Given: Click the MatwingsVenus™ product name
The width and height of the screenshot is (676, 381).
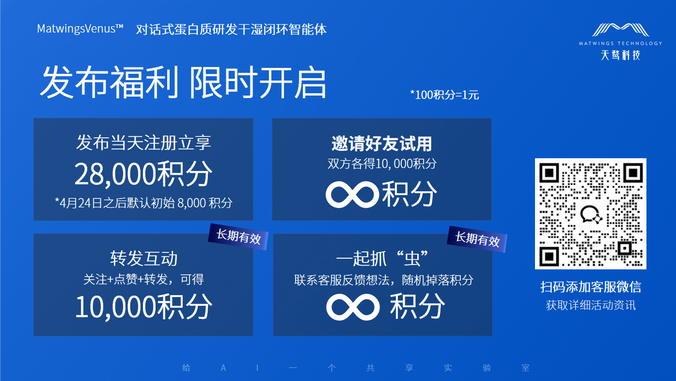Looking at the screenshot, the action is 80,29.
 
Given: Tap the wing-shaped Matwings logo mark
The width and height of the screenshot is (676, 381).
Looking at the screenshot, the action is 620,30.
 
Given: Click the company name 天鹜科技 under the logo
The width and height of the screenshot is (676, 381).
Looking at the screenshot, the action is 620,55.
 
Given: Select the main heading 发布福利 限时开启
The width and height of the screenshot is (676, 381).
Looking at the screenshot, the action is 183,83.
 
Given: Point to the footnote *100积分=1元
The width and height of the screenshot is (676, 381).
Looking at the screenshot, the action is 444,95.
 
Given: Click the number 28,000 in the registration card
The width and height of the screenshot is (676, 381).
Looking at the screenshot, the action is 116,174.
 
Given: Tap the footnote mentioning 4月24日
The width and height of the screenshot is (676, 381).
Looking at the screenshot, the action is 143,203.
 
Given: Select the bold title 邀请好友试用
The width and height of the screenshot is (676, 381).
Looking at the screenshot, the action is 382,144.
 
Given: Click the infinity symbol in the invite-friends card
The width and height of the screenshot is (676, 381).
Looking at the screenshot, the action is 352,195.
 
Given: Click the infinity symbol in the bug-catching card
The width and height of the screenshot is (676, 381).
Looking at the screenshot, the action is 353,307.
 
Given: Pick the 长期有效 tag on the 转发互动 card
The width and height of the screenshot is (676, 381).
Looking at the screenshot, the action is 238,237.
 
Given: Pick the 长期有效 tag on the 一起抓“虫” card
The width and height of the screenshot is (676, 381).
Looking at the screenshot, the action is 477,239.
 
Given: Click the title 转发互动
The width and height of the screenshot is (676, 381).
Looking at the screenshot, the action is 143,259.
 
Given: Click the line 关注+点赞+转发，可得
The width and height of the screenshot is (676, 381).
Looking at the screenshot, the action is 143,280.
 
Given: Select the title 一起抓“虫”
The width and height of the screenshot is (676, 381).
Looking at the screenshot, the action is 382,259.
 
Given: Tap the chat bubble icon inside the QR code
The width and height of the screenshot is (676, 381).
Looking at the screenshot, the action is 591,214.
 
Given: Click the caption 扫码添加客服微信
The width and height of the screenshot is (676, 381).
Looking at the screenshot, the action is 591,287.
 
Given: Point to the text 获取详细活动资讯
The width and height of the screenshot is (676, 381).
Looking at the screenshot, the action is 591,305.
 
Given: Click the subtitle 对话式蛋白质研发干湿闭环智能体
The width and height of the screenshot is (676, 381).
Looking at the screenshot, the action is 231,29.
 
